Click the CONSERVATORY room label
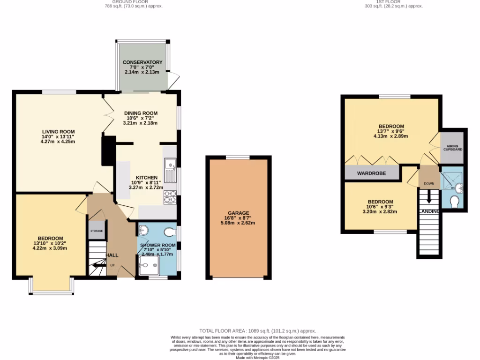pos(142,62)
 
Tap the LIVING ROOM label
pos(58,132)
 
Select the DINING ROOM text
pos(141,113)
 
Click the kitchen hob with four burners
pos(170,197)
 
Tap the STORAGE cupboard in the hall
pos(97,231)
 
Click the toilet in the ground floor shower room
pos(171,231)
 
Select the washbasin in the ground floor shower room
pos(144,230)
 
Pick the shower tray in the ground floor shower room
pos(149,267)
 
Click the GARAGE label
pos(239,213)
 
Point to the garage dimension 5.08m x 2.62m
pos(239,223)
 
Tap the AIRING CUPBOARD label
pos(453,148)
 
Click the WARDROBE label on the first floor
pos(371,173)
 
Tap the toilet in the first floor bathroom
pos(454,202)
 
